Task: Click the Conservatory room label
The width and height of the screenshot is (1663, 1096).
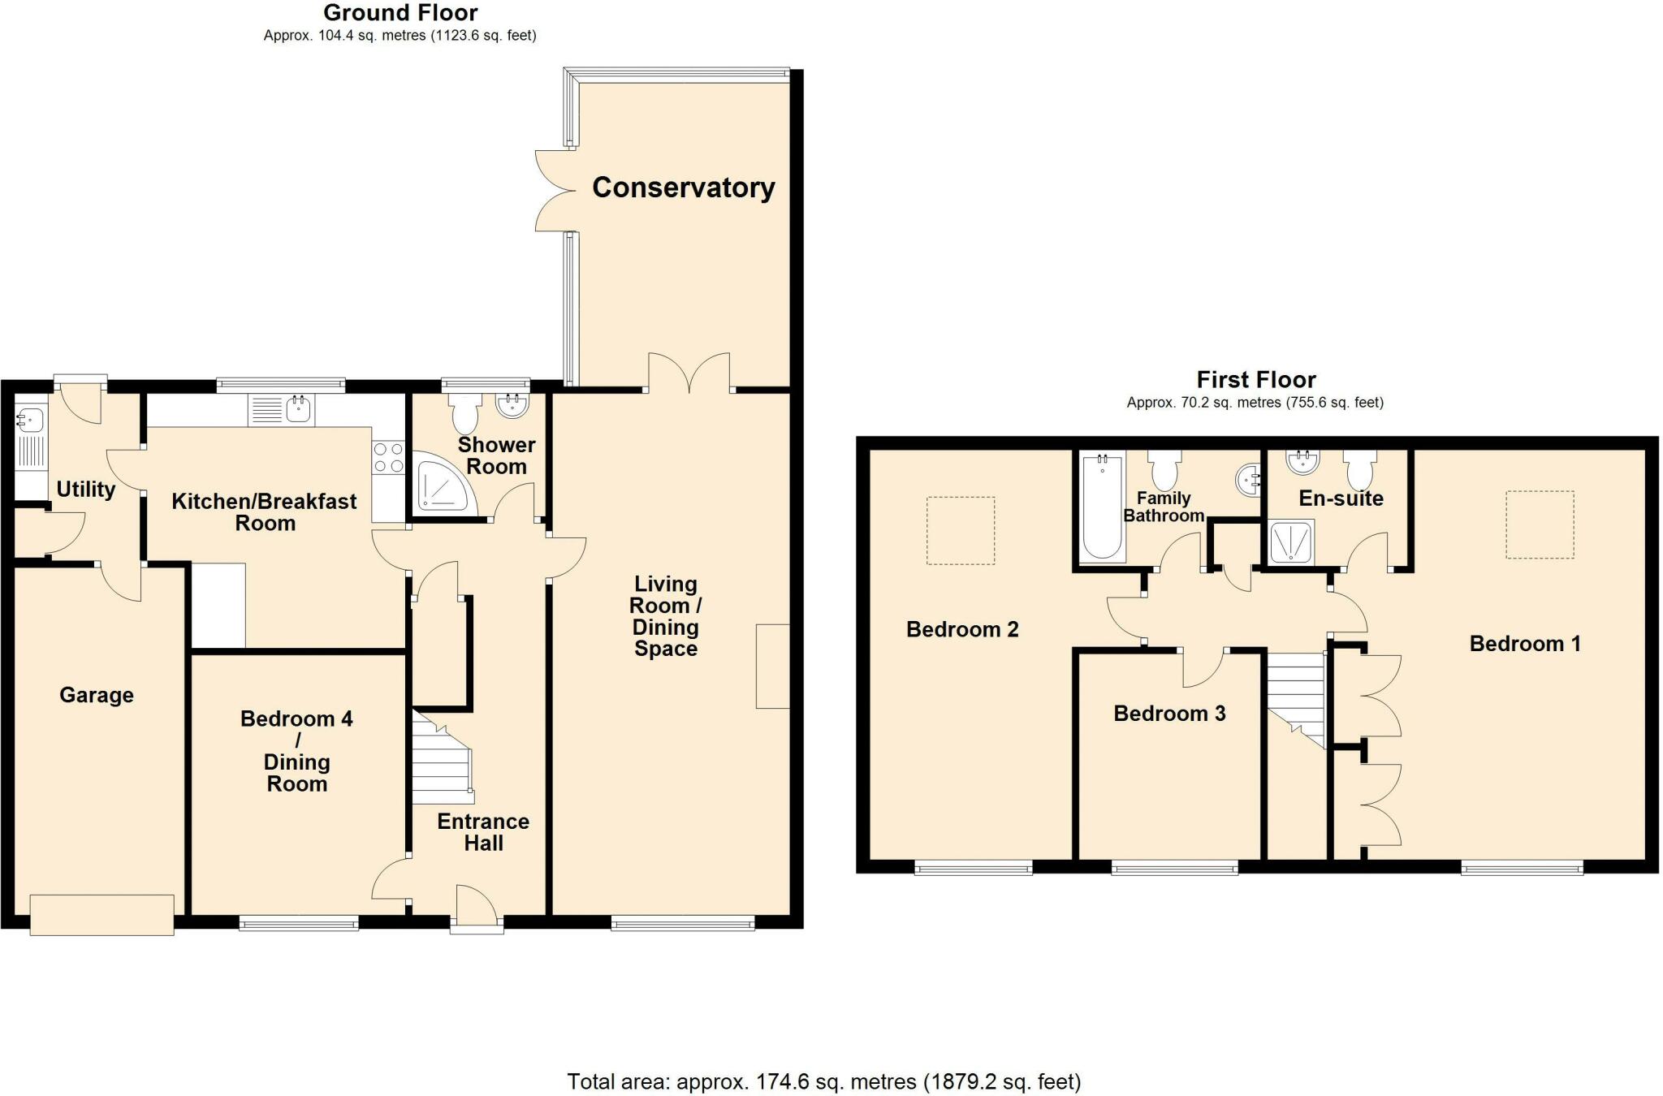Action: pyautogui.click(x=683, y=188)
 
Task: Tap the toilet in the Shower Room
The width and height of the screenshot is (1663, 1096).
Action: pyautogui.click(x=465, y=413)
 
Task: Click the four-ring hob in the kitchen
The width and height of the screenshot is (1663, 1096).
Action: pyautogui.click(x=388, y=457)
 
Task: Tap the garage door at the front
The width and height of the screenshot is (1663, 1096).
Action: pyautogui.click(x=102, y=915)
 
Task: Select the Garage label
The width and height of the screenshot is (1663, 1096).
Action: pyautogui.click(x=96, y=695)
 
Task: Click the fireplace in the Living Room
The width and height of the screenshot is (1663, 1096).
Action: pyautogui.click(x=772, y=666)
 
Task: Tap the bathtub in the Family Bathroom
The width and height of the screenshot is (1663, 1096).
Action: pyautogui.click(x=1102, y=507)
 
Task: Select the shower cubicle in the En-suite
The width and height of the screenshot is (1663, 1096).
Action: pyautogui.click(x=1290, y=542)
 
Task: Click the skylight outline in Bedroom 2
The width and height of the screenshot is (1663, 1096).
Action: pyautogui.click(x=961, y=530)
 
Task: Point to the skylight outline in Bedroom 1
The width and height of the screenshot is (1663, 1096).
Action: pyautogui.click(x=1540, y=524)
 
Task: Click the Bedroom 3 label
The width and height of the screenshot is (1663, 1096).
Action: pyautogui.click(x=1169, y=714)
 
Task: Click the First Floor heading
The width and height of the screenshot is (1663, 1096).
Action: pyautogui.click(x=1255, y=379)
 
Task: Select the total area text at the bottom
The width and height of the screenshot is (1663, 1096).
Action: pyautogui.click(x=823, y=1081)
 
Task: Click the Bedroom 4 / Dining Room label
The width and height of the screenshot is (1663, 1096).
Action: pyautogui.click(x=296, y=751)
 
